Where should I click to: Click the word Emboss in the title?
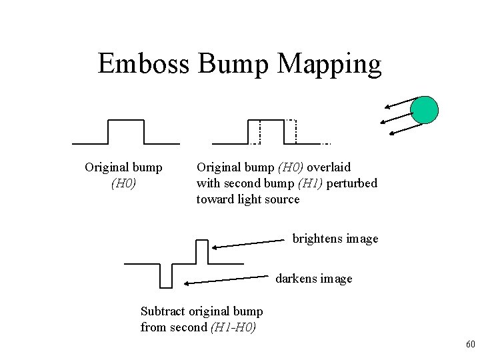point(143,64)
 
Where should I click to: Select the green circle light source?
point(424,109)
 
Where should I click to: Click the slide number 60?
point(469,345)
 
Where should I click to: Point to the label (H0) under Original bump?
point(123,183)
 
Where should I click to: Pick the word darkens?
point(295,279)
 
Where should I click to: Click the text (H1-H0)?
point(233,327)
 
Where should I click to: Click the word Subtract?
point(163,311)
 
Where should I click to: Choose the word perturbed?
point(351,183)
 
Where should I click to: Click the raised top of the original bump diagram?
point(125,121)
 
